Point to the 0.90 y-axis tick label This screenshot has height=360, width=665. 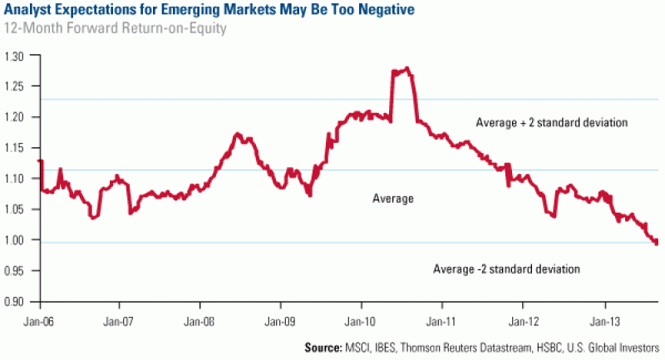[18, 301]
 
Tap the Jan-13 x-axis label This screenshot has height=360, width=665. [604, 318]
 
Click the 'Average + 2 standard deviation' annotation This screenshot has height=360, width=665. [550, 123]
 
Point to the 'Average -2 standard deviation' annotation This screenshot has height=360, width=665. [506, 269]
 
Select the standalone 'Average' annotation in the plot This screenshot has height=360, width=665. [393, 199]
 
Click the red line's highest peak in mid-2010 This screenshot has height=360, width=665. [406, 68]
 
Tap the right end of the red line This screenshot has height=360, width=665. [657, 243]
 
